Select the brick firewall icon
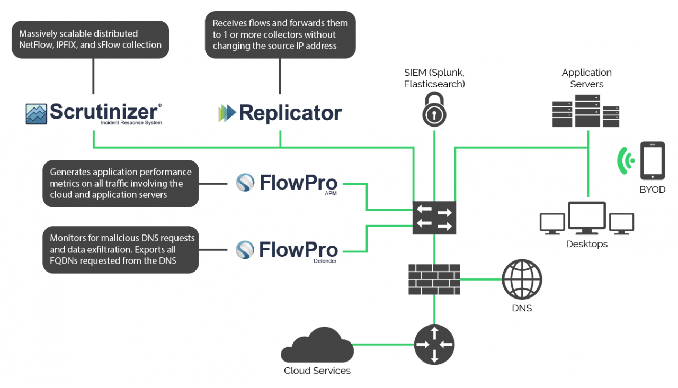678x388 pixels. click(434, 279)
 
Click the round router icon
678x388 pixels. click(434, 345)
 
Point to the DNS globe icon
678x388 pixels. click(522, 279)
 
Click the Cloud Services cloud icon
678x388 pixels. click(317, 345)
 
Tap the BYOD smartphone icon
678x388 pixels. click(652, 161)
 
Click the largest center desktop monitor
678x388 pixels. click(587, 218)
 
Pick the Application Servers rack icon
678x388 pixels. click(586, 111)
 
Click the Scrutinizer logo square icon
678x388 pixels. click(36, 114)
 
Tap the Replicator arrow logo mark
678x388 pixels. click(227, 113)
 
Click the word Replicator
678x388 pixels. click(290, 113)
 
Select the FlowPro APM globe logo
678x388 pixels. click(245, 183)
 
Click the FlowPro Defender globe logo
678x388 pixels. click(245, 250)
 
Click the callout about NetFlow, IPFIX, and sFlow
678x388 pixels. click(91, 40)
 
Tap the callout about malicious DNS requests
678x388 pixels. click(121, 250)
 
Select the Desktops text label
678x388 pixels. click(587, 245)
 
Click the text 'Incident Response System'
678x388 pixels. click(131, 123)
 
